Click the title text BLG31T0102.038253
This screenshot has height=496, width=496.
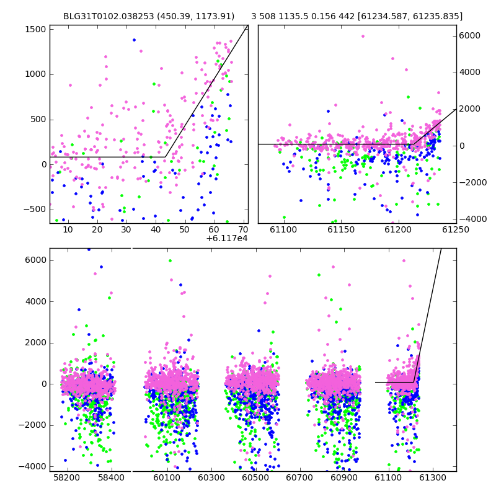(x=108, y=16)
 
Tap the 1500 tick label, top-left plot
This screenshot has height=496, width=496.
(x=35, y=29)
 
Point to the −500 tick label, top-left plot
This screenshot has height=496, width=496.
(x=35, y=210)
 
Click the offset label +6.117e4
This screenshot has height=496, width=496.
(x=227, y=238)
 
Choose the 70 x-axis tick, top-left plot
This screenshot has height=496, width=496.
(x=243, y=229)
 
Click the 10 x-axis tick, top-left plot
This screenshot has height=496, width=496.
(x=68, y=229)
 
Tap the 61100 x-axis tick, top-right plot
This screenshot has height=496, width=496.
(x=283, y=229)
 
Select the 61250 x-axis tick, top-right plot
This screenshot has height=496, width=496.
(x=456, y=229)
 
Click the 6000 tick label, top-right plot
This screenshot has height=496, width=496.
(x=470, y=35)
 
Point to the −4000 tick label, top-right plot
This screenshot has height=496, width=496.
(x=473, y=219)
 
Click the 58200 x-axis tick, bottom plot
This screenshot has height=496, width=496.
(x=67, y=477)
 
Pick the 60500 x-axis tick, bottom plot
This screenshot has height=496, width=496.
(x=255, y=477)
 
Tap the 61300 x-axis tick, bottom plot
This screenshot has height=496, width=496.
(x=432, y=477)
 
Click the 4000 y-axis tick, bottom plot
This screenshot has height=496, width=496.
(x=36, y=301)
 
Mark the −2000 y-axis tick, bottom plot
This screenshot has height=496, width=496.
(x=33, y=425)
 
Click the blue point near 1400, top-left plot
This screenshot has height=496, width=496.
(x=134, y=40)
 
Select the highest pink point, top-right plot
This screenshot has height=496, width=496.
(x=363, y=37)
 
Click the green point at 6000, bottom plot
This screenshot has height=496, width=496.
(x=170, y=260)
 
